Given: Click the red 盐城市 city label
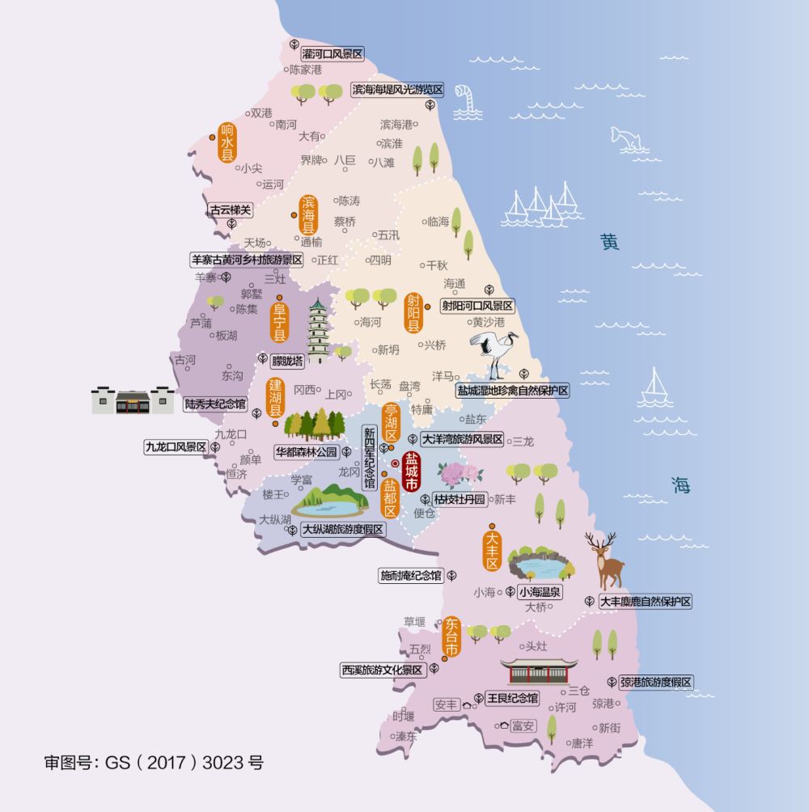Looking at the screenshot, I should point(411,471).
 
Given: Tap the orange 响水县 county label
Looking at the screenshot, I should point(227,143).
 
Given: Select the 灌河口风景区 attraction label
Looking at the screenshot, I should point(332,54).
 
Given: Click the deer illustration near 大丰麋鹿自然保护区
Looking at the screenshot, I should point(606,560).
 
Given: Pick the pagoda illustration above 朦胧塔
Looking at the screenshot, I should point(319,332).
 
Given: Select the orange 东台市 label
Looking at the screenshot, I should point(451,638).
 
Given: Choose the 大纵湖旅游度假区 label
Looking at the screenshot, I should point(343,530).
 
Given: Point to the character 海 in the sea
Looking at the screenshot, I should point(680,484).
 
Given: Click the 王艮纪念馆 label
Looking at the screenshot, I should point(510,697).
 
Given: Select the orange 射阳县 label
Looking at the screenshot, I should point(413,314).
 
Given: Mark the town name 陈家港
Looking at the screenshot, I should point(306,70).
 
